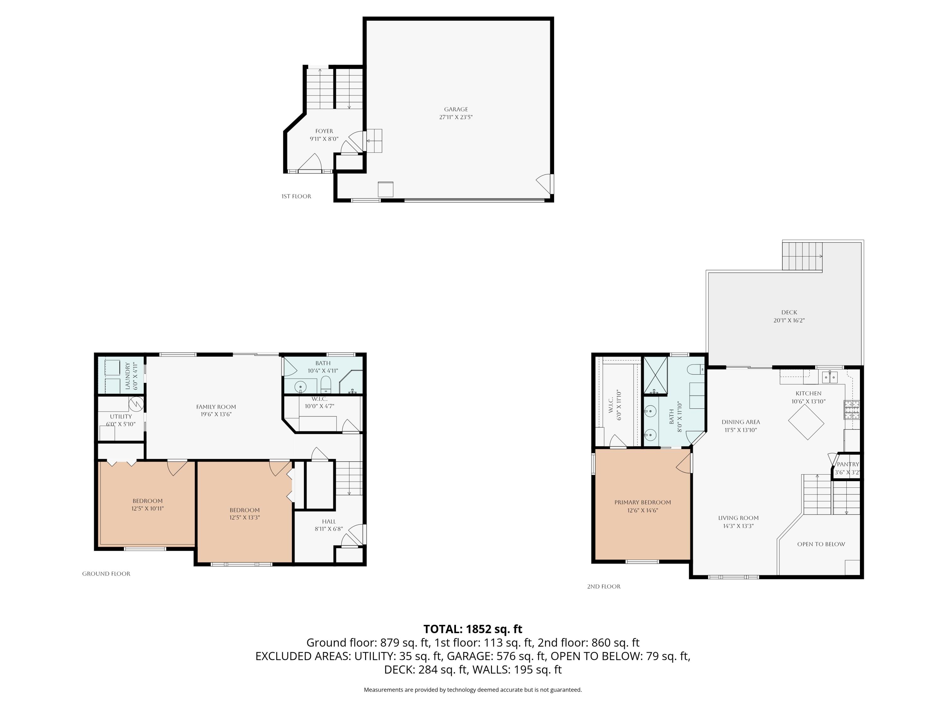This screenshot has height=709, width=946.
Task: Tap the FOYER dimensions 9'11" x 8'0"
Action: click(x=324, y=139)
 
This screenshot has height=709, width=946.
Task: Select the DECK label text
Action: click(x=789, y=312)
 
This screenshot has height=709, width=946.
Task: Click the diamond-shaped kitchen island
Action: click(x=806, y=422)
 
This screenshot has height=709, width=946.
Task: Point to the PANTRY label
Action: click(x=848, y=464)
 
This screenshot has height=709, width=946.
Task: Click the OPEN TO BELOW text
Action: click(x=821, y=544)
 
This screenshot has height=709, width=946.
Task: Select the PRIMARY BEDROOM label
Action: click(x=642, y=502)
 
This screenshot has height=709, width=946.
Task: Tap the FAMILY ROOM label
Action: click(x=216, y=407)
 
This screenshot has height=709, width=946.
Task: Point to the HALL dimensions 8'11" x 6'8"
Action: click(x=329, y=529)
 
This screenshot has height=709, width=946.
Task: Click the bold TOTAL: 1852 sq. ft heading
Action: click(x=473, y=629)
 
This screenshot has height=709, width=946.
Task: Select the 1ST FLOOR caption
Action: click(x=296, y=197)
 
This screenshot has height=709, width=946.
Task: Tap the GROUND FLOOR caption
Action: click(x=106, y=574)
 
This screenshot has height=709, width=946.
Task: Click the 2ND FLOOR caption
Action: click(x=604, y=587)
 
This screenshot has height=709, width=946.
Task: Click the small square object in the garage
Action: click(x=385, y=189)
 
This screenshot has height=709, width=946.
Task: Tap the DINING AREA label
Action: click(x=741, y=422)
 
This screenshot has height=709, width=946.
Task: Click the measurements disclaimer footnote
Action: click(x=473, y=690)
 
